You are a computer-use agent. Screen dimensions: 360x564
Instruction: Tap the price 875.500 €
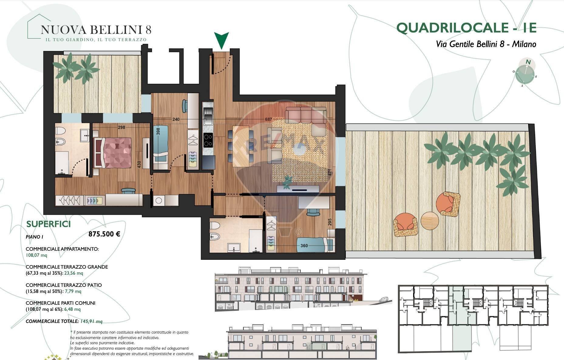click(x=104, y=234)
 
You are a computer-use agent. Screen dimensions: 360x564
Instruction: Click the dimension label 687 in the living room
click(x=268, y=119)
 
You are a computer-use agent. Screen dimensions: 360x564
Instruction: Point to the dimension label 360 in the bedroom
click(x=304, y=246)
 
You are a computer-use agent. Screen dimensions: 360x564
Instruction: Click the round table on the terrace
click(x=430, y=220)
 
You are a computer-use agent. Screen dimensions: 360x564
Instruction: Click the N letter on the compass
click(x=528, y=62)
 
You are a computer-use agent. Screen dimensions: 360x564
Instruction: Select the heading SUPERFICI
click(x=49, y=224)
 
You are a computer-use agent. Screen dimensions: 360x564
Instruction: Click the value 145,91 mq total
click(x=91, y=321)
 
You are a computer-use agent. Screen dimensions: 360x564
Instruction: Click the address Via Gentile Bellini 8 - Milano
click(x=486, y=44)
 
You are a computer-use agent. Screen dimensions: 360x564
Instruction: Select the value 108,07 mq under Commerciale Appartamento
click(x=36, y=255)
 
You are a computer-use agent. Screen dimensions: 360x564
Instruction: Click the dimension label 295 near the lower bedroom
click(x=330, y=222)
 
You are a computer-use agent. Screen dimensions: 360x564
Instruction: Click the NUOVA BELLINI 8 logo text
click(x=96, y=29)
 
